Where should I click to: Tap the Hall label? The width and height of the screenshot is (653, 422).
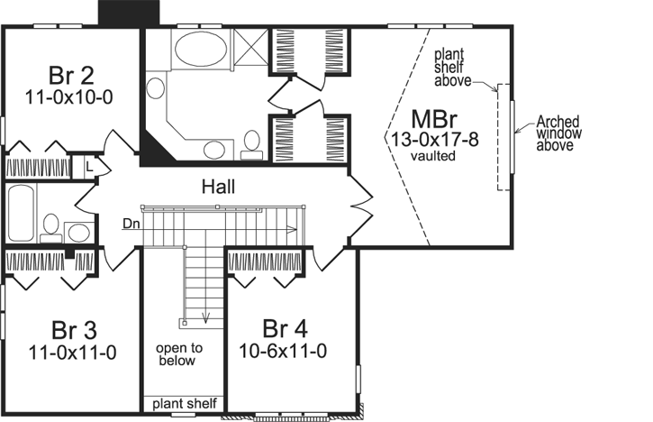tap(219, 187)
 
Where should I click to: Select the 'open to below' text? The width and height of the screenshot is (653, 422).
tap(178, 353)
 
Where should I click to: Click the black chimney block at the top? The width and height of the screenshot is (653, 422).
tap(126, 13)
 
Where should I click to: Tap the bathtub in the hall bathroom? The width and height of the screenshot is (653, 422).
tap(22, 211)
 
